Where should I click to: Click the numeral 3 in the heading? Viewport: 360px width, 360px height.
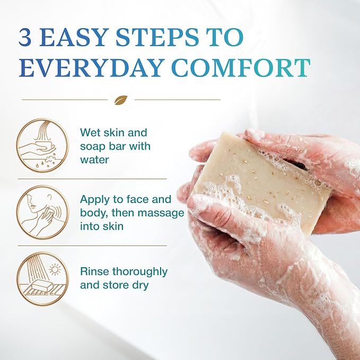click(x=25, y=37)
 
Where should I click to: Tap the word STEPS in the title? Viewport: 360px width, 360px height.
click(x=157, y=37)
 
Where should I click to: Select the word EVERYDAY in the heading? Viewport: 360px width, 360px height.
click(x=91, y=68)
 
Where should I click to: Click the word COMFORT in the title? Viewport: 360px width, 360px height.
click(x=241, y=68)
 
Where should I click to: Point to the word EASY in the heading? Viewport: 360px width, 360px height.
click(x=74, y=37)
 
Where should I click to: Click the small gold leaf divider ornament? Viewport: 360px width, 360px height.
click(x=121, y=100)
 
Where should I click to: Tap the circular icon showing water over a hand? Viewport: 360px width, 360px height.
click(x=43, y=145)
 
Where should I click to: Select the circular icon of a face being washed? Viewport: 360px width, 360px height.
click(x=43, y=212)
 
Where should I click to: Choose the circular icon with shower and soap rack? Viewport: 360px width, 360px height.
click(x=43, y=279)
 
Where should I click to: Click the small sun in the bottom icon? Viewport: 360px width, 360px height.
click(x=55, y=269)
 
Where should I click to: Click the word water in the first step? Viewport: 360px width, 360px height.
click(x=94, y=160)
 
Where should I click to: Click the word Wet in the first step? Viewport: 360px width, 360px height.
click(x=90, y=133)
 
